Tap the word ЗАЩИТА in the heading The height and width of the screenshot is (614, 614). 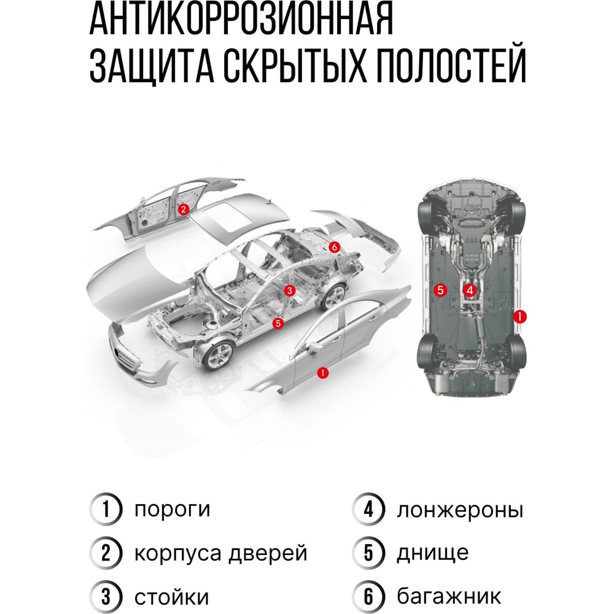pos(152,66)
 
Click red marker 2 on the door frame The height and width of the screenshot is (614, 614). pos(183,209)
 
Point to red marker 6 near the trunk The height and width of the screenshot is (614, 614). pos(333,247)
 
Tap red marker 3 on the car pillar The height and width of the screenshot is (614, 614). pos(289,290)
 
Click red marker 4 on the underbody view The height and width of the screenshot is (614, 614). pos(470,290)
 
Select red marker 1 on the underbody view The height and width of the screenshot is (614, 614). pos(519,316)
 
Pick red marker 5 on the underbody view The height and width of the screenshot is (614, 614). pos(440,290)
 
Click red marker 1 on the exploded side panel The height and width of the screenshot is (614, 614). pos(322,373)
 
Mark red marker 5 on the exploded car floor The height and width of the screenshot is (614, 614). pos(278,323)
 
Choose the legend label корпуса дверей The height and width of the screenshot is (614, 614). pos(221,554)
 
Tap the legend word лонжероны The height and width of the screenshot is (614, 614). pos(460,511)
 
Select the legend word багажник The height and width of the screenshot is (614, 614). pos(449,596)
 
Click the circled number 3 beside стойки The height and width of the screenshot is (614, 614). pos(106,597)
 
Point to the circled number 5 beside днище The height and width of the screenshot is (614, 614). pos(368,553)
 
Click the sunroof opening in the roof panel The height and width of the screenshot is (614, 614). pos(227,214)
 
